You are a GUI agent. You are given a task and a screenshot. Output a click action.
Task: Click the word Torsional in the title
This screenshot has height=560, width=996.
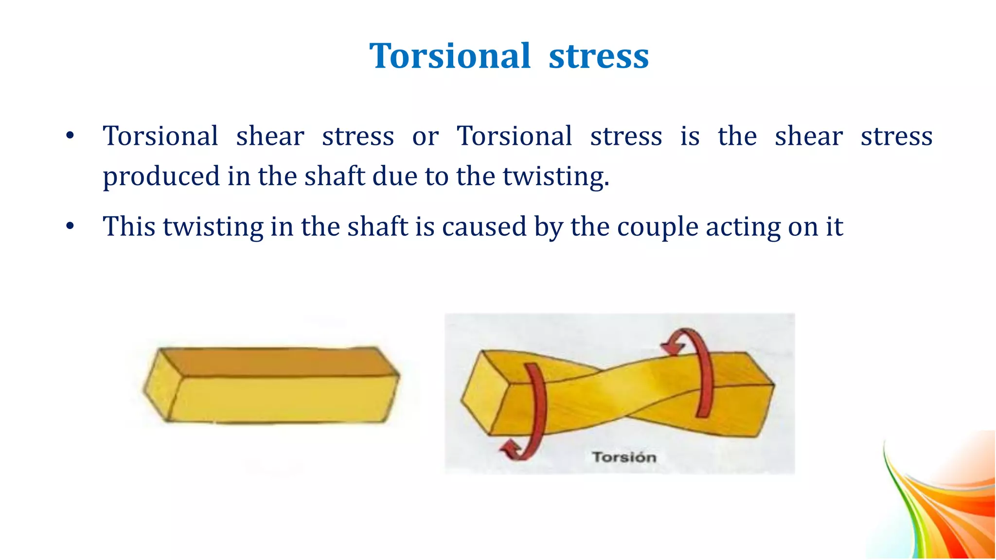point(449,56)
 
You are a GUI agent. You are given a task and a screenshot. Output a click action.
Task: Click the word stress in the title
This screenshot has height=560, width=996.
point(599,56)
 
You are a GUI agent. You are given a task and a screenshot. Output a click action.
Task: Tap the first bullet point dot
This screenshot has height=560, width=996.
point(70,136)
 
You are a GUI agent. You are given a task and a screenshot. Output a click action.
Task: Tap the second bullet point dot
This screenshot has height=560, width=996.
point(70,226)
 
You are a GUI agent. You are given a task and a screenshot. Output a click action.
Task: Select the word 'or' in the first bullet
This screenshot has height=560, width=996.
point(425,136)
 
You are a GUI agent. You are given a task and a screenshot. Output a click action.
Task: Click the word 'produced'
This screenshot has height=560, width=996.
point(161,176)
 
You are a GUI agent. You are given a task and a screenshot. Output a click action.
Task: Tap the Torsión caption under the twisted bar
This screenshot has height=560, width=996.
point(624,457)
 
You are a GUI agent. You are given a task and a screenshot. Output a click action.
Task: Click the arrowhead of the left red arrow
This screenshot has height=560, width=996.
point(511,450)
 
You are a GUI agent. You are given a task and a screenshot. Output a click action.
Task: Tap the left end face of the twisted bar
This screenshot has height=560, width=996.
point(481,394)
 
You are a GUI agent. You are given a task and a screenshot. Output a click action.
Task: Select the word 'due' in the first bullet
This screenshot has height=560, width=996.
point(394,176)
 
